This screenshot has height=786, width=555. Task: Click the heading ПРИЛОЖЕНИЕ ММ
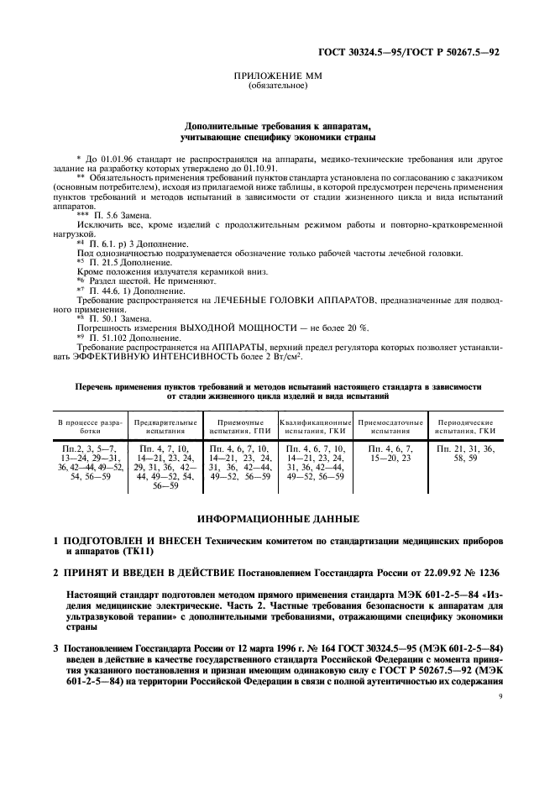(x=276, y=76)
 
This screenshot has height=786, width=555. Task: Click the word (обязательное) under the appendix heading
(x=276, y=86)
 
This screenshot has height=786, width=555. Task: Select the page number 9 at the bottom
(x=499, y=697)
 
